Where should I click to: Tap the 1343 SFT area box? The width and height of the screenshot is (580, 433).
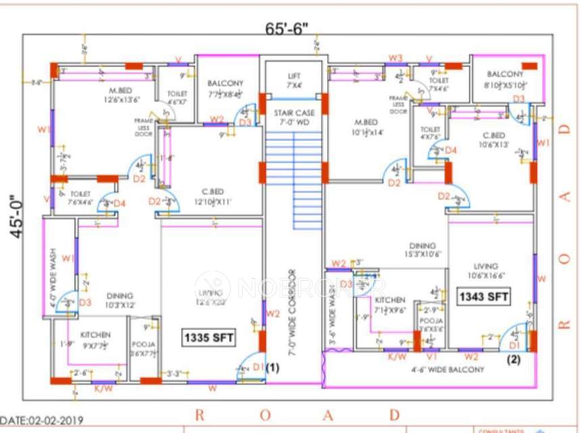483,296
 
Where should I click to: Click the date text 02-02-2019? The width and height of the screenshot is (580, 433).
42,420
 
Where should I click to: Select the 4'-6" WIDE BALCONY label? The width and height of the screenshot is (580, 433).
448,369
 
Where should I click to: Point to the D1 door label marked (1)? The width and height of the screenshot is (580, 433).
258,367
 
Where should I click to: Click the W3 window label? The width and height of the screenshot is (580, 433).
395,58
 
